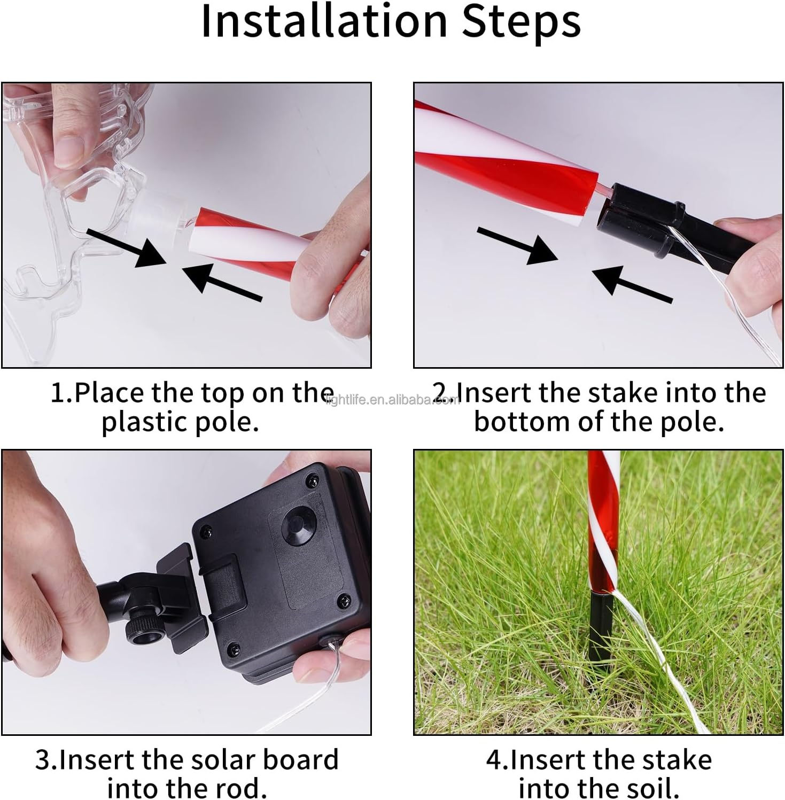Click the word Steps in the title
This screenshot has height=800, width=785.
(x=521, y=22)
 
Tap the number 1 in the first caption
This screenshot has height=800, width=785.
(x=59, y=393)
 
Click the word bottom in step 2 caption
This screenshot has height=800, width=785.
(x=522, y=422)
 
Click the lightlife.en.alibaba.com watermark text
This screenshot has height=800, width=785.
(x=393, y=400)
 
